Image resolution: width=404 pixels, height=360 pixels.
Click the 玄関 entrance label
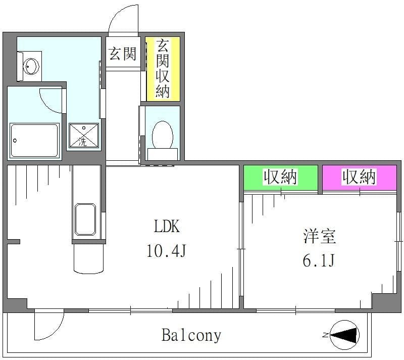click(122, 54)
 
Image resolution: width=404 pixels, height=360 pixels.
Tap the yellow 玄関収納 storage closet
click(163, 69)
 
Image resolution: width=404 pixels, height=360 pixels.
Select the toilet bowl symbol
click(162, 141)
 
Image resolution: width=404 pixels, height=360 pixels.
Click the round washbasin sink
click(31, 66)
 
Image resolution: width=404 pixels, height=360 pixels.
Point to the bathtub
click(34, 140)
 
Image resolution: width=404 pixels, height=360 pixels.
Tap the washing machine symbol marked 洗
click(84, 136)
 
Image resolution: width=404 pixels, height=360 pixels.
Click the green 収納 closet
click(281, 177)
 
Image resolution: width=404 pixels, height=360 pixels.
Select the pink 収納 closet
click(360, 177)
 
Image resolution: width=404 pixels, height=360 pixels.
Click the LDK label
click(167, 226)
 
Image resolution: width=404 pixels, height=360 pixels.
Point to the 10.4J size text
click(166, 251)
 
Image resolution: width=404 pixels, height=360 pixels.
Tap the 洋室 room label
click(320, 236)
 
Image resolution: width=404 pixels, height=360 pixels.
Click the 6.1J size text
click(319, 260)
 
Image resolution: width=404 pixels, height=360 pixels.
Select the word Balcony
click(191, 335)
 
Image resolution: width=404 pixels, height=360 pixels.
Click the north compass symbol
click(344, 335)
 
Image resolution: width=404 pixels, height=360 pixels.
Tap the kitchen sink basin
click(85, 219)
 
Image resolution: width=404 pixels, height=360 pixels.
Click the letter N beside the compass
click(325, 335)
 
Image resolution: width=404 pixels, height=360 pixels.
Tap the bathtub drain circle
click(15, 141)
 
